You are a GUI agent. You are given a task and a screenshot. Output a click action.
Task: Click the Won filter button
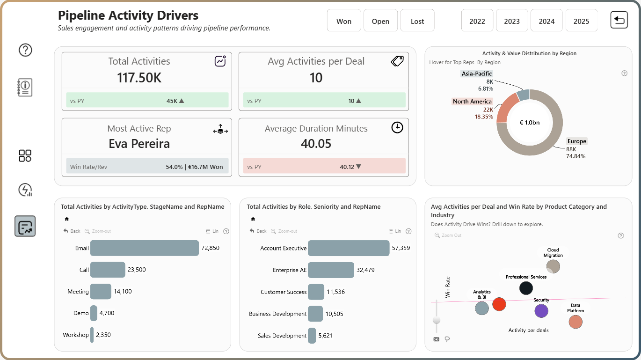pyautogui.click(x=344, y=20)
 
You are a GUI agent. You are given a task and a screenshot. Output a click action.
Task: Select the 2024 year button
pyautogui.click(x=546, y=20)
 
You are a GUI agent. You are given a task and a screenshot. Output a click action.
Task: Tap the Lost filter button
pyautogui.click(x=417, y=20)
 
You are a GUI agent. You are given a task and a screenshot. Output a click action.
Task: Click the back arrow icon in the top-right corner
pyautogui.click(x=619, y=20)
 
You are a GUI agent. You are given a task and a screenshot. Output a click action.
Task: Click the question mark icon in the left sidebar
pyautogui.click(x=25, y=50)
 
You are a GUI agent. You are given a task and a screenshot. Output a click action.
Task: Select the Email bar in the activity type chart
pyautogui.click(x=145, y=248)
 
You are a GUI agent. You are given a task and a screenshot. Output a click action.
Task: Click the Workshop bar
pyautogui.click(x=92, y=335)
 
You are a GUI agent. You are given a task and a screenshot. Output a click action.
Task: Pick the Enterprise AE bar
pyautogui.click(x=331, y=270)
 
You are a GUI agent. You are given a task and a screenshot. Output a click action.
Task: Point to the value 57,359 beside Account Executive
pyautogui.click(x=401, y=248)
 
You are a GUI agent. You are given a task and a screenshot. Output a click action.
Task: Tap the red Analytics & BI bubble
pyautogui.click(x=499, y=304)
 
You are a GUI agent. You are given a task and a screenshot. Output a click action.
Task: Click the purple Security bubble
pyautogui.click(x=541, y=311)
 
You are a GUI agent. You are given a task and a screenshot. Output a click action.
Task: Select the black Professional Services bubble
pyautogui.click(x=526, y=288)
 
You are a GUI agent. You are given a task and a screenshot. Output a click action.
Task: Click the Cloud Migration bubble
pyautogui.click(x=553, y=266)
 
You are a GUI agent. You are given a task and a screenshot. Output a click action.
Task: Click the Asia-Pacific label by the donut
pyautogui.click(x=476, y=73)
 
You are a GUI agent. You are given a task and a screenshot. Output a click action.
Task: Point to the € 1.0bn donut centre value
pyautogui.click(x=529, y=123)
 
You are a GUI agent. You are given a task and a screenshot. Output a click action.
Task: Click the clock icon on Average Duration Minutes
pyautogui.click(x=397, y=127)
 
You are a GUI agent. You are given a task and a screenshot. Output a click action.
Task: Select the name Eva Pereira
pyautogui.click(x=139, y=144)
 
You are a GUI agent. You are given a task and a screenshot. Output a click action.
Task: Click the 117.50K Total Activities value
pyautogui.click(x=139, y=78)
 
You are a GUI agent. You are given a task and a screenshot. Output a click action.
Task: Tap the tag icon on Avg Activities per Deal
pyautogui.click(x=397, y=61)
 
